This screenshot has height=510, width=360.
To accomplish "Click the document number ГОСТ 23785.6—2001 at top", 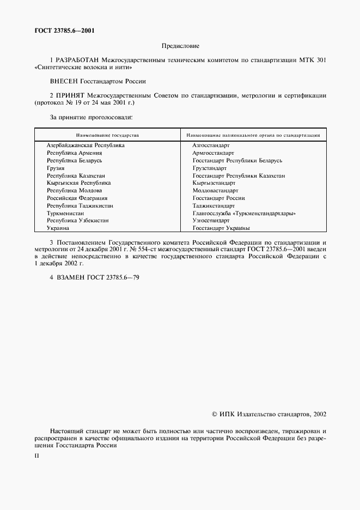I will pyautogui.click(x=64, y=31).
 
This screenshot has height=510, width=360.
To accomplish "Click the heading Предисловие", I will pyautogui.click(x=180, y=46).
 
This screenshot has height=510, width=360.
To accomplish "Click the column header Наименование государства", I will pyautogui.click(x=107, y=135).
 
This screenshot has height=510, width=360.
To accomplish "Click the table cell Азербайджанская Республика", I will pyautogui.click(x=86, y=145).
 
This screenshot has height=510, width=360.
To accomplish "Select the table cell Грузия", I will pyautogui.click(x=56, y=168).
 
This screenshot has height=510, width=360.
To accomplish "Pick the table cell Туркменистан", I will pyautogui.click(x=65, y=214).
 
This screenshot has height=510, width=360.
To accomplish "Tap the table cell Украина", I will pyautogui.click(x=58, y=228).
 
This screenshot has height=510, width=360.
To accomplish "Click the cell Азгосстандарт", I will pyautogui.click(x=211, y=145).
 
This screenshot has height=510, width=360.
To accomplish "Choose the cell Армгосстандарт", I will pyautogui.click(x=213, y=154).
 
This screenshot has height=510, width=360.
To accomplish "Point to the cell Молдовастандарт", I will pyautogui.click(x=215, y=191).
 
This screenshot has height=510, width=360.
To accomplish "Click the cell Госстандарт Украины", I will pyautogui.click(x=221, y=228).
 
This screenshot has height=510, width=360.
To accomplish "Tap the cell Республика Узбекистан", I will pyautogui.click(x=78, y=221).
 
